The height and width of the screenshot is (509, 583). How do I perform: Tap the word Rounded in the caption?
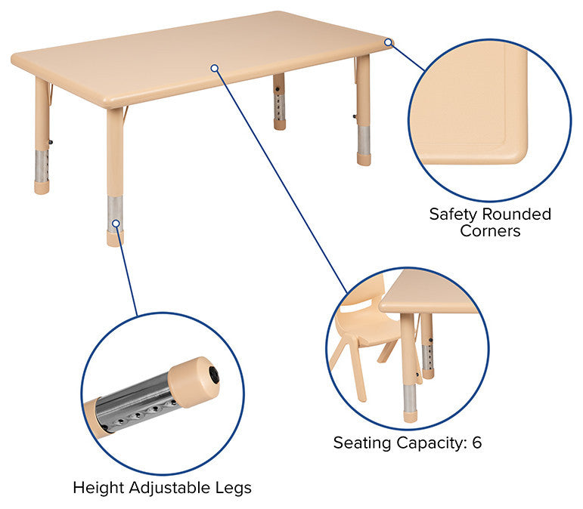pyautogui.click(x=516, y=214)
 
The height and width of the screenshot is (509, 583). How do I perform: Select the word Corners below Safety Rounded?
pyautogui.click(x=490, y=231)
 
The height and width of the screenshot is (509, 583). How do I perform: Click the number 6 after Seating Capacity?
pyautogui.click(x=476, y=443)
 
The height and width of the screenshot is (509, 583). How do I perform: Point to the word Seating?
pyautogui.click(x=361, y=443)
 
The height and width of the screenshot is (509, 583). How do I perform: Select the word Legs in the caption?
pyautogui.click(x=234, y=488)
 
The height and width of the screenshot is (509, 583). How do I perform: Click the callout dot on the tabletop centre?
pyautogui.click(x=215, y=68)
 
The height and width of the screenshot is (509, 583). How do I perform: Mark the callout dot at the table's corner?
pyautogui.click(x=388, y=42)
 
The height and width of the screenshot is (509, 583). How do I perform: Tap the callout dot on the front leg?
pyautogui.click(x=116, y=223)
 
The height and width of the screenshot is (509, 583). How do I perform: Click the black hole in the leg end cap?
pyautogui.click(x=214, y=375)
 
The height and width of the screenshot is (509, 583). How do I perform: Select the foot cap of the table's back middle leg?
pyautogui.click(x=280, y=125)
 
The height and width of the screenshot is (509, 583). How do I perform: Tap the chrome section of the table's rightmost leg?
pyautogui.click(x=364, y=140)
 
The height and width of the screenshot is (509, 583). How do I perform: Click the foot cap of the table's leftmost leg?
pyautogui.click(x=42, y=188)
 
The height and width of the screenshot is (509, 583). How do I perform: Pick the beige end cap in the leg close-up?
pyautogui.click(x=194, y=381)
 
